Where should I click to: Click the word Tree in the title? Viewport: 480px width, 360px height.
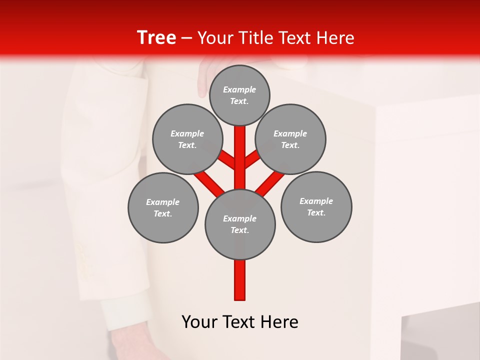click(156, 38)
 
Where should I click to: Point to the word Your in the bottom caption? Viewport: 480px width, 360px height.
click(200, 321)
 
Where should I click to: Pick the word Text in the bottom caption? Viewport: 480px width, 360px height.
click(240, 321)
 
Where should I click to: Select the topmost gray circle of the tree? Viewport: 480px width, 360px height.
click(239, 95)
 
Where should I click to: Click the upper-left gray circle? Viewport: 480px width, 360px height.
click(187, 139)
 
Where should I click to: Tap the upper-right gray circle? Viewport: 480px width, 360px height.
click(290, 139)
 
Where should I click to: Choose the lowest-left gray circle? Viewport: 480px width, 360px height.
click(163, 207)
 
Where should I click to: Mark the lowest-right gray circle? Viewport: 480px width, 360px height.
click(316, 206)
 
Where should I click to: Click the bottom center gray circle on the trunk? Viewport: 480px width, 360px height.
click(240, 224)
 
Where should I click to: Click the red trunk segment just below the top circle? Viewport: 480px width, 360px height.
click(240, 150)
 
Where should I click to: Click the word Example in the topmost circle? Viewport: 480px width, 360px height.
click(239, 89)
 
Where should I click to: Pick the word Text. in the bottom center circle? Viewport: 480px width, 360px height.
click(239, 230)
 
